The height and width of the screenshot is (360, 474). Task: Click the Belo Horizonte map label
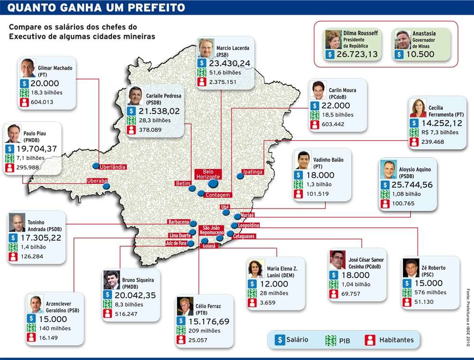click(208, 174)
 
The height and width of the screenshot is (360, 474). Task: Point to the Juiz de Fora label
click(175, 243)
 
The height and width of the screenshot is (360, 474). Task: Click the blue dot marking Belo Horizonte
click(213, 183)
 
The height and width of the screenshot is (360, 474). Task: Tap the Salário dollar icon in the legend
click(280, 340)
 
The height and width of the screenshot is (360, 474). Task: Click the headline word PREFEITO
click(151, 7)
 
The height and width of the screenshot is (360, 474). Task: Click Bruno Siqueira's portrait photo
click(112, 280)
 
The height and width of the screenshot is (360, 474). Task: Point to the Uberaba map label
click(97, 181)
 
